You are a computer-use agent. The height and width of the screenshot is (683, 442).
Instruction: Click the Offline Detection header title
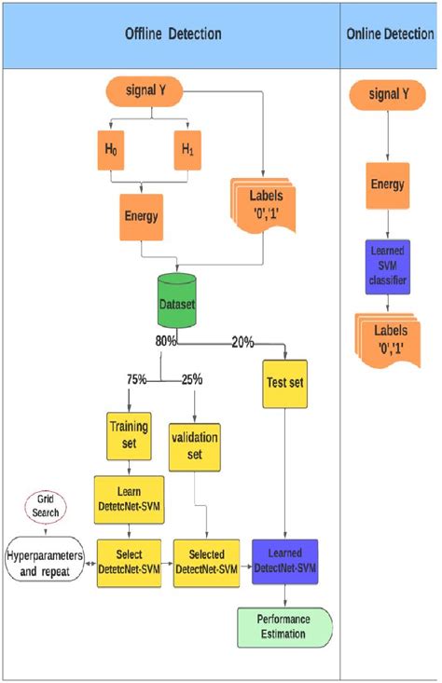pos(173,34)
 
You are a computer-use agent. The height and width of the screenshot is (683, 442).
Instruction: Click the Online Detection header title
pos(389,34)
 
